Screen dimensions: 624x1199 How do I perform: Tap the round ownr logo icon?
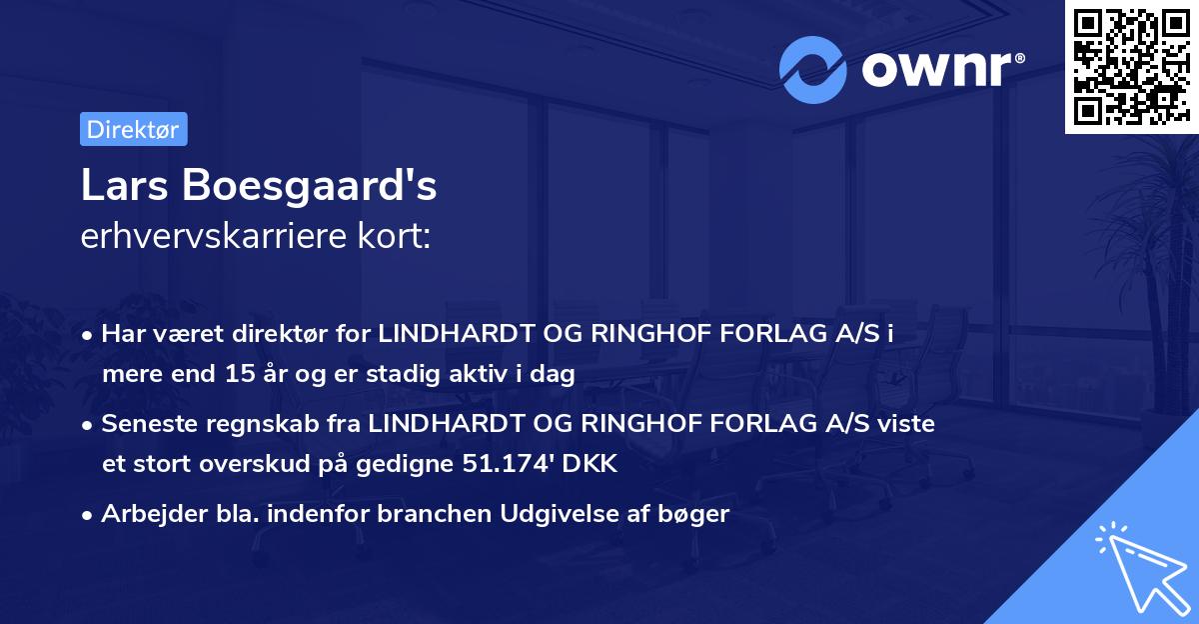[x=811, y=69]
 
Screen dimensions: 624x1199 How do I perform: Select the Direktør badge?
[x=133, y=129]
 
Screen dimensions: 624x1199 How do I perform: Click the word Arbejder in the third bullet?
[x=146, y=515]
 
